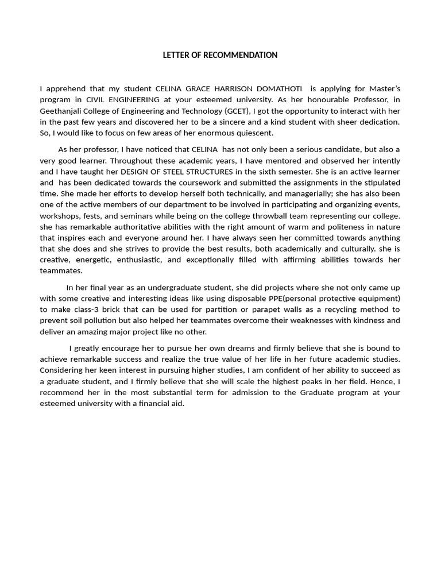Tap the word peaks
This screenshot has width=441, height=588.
tap(330, 381)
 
